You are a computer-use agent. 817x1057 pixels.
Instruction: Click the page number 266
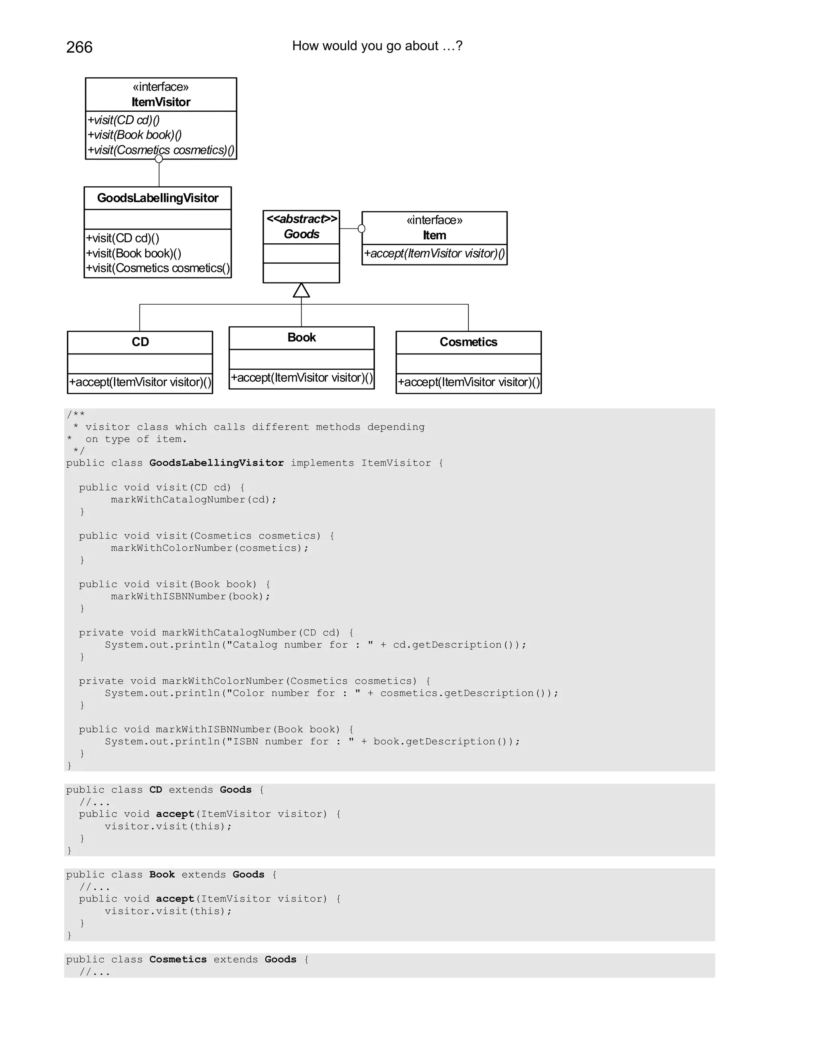coord(79,47)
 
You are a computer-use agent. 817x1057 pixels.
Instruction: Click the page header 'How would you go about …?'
coord(377,46)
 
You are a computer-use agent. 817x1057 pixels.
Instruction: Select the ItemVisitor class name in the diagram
coord(161,102)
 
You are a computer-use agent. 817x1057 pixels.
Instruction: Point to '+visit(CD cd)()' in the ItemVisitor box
coord(124,120)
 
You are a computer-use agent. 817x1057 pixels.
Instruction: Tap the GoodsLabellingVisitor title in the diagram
coord(158,198)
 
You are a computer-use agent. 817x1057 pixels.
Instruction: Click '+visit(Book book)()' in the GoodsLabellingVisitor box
coord(134,253)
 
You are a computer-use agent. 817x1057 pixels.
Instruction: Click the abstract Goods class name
coord(302,234)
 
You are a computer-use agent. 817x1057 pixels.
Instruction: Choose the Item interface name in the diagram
coord(434,235)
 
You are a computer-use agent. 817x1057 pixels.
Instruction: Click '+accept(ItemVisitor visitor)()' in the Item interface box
coord(434,254)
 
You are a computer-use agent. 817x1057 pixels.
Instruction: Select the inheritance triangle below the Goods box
coord(302,290)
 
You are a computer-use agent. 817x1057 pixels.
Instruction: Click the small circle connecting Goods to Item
coord(361,229)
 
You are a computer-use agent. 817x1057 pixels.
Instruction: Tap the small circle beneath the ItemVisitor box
coord(159,159)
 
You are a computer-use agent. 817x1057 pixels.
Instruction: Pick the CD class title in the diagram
coord(140,342)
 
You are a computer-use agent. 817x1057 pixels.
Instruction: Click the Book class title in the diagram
coord(302,337)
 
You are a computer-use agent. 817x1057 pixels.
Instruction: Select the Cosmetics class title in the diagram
coord(468,342)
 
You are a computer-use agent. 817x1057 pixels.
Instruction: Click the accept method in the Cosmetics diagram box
coord(468,383)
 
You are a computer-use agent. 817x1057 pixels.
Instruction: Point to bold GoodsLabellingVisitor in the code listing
coord(216,463)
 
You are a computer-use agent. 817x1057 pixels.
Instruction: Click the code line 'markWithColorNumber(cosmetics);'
coord(209,548)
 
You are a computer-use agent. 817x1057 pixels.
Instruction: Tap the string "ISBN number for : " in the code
coord(290,741)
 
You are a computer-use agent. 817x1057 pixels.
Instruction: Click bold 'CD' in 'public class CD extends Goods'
coord(155,790)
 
